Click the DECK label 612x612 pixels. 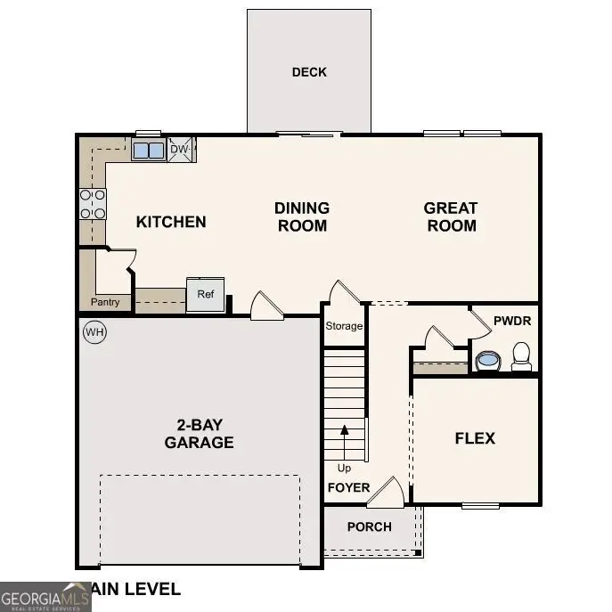tap(309, 72)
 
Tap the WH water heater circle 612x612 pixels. tap(94, 332)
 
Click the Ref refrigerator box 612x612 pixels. tap(206, 295)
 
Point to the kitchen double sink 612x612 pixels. tap(149, 150)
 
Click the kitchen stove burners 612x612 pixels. tap(93, 204)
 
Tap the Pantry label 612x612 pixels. tap(105, 302)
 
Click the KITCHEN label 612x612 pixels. tap(171, 222)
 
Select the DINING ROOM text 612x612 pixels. tap(302, 216)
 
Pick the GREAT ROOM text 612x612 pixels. tap(451, 216)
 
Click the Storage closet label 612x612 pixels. tap(344, 326)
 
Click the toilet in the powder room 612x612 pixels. tap(521, 356)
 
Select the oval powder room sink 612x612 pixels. tap(487, 361)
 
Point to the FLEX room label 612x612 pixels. tap(475, 438)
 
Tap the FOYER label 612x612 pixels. tap(348, 487)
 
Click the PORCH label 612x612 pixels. tap(369, 526)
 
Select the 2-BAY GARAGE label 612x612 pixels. tap(199, 434)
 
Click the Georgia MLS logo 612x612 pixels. tap(45, 596)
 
